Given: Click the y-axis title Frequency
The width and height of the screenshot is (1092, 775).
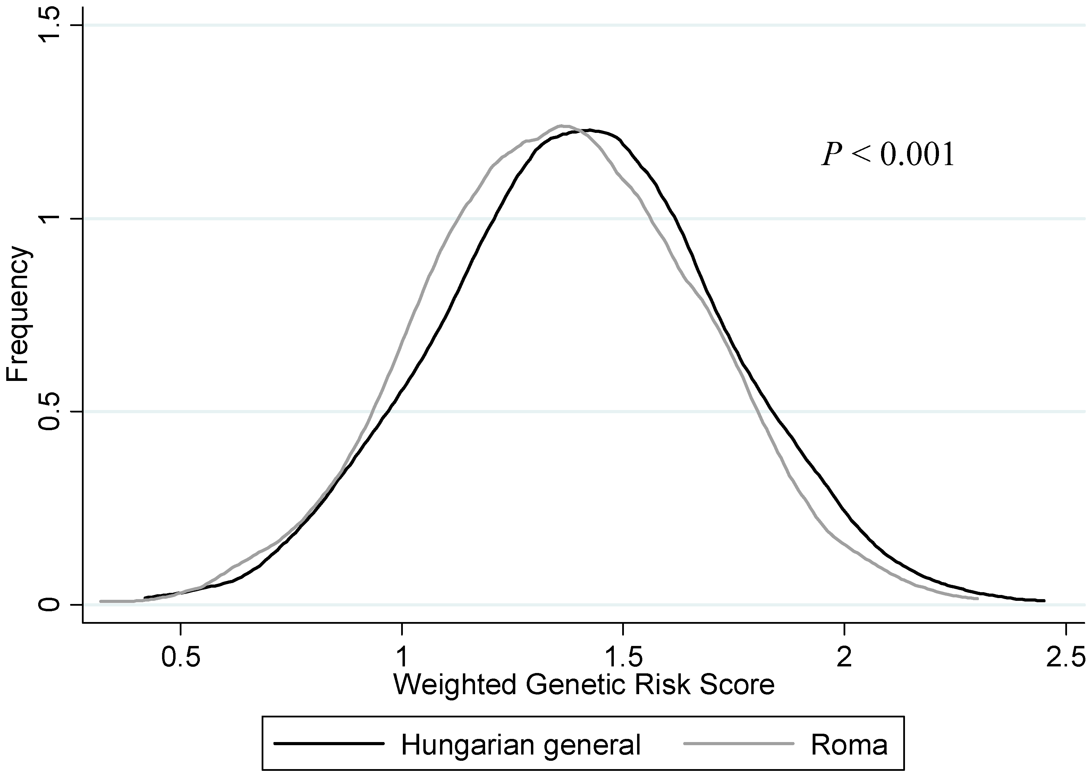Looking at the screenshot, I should point(18,314).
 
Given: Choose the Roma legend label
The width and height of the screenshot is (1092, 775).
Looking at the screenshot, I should point(849,744).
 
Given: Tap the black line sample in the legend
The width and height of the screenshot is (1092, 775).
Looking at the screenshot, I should point(329,743).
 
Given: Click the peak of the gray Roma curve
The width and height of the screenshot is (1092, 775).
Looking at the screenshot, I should point(563,126).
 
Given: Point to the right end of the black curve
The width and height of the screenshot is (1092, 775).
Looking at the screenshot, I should point(1044,601).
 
